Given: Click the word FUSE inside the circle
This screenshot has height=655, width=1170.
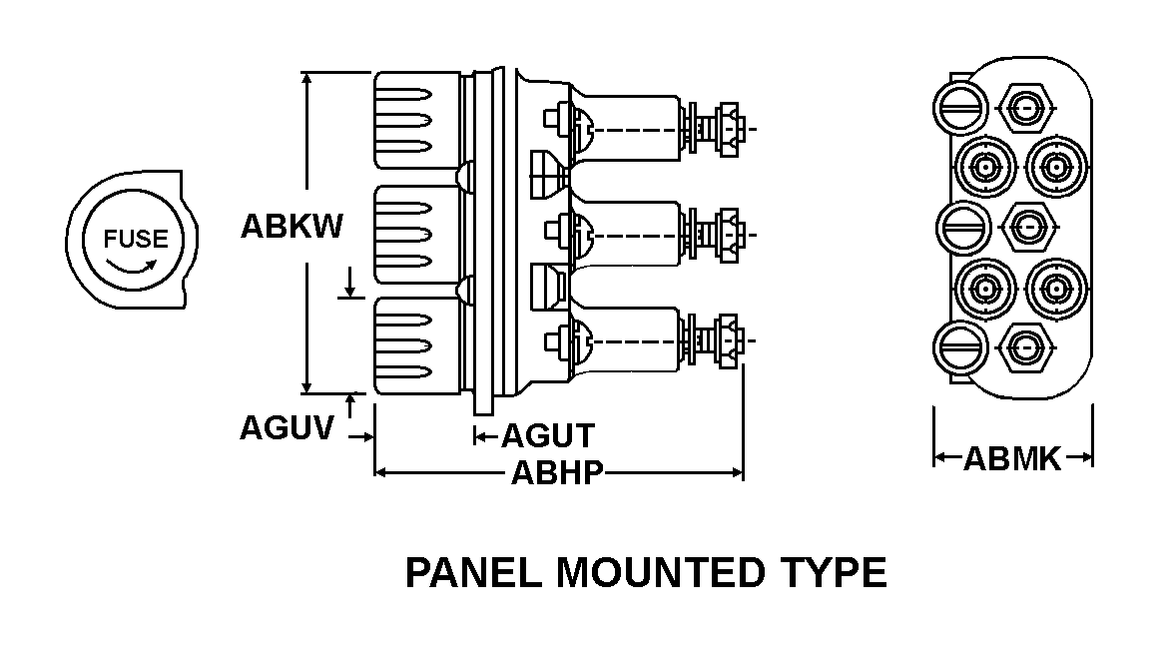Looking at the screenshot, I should pos(130,240).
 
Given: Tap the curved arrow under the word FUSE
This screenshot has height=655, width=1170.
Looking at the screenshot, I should pos(133,268).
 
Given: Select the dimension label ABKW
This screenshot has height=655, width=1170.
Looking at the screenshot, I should pos(292,227).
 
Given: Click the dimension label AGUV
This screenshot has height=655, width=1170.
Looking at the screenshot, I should pos(287,428).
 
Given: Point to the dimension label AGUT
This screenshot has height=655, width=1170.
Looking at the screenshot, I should pos(547,436).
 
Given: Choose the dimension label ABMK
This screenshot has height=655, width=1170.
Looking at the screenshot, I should pos(1011,459).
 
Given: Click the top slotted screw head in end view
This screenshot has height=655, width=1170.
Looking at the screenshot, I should pos(961,105).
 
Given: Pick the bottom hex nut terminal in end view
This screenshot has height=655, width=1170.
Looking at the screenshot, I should pos(1025,346).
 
